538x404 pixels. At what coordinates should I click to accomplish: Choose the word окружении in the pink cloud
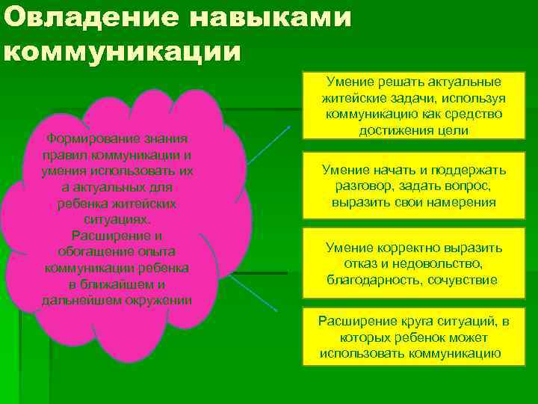click(157, 301)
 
